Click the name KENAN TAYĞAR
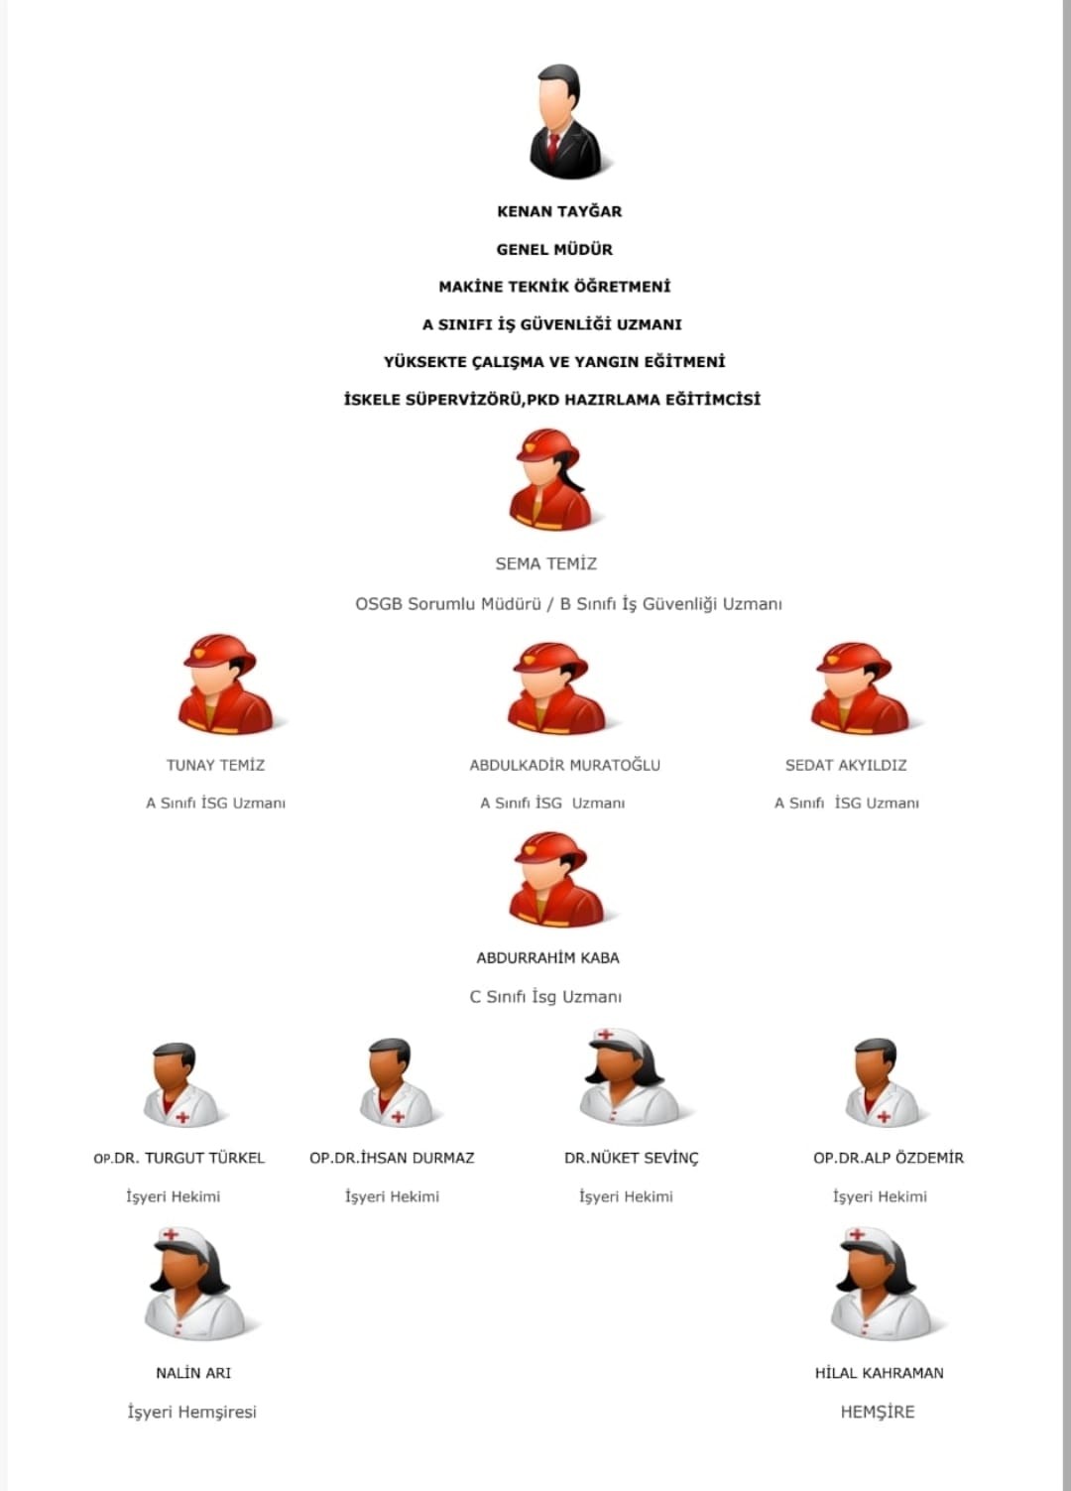559,211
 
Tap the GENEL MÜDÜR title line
554,249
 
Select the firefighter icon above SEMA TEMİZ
552,480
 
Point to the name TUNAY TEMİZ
215,765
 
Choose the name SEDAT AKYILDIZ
846,765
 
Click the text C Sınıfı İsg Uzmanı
545,997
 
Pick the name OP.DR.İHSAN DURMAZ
392,1158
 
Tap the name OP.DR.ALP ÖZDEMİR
889,1158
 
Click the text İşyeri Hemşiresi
191,1412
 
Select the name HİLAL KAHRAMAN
879,1373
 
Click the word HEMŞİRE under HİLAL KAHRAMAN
878,1412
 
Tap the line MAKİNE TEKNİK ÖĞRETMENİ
554,287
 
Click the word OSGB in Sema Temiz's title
378,604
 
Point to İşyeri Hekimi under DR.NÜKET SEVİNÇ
626,1196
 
